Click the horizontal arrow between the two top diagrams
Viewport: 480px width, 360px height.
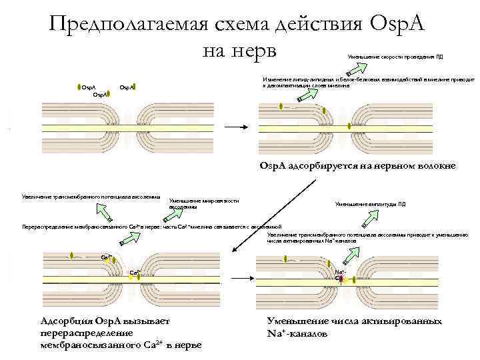[233, 127]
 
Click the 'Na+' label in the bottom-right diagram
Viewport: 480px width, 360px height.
[340, 272]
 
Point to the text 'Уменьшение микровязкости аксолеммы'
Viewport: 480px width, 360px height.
[203, 203]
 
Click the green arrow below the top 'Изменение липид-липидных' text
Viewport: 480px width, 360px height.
[306, 95]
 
